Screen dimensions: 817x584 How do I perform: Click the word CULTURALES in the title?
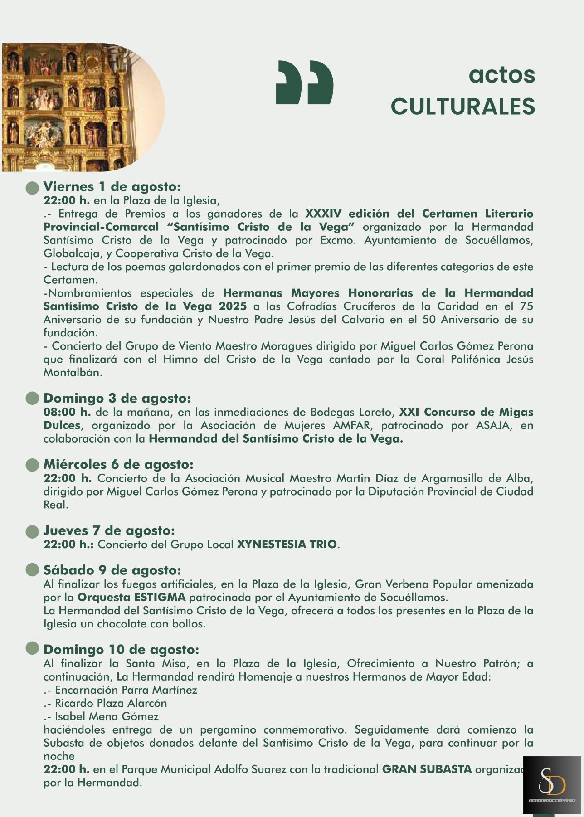click(462, 107)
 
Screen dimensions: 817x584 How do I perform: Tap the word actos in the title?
click(501, 75)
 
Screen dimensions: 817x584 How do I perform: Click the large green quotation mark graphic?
click(305, 82)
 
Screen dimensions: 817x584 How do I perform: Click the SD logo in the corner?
click(552, 784)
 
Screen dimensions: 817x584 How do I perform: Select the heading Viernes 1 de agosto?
click(112, 187)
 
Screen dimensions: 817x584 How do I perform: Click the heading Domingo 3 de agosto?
click(117, 399)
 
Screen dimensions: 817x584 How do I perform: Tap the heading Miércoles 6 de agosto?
click(118, 465)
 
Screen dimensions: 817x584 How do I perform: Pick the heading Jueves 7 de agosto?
click(109, 530)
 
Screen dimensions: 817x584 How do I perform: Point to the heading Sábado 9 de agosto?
click(112, 570)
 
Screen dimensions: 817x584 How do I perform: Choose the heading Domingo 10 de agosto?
click(121, 650)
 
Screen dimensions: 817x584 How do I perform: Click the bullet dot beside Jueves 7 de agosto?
click(32, 531)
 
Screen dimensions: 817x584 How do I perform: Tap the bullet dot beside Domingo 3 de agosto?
click(32, 399)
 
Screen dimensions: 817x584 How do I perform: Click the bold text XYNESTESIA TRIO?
click(287, 544)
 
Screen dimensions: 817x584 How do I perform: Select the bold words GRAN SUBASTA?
click(427, 769)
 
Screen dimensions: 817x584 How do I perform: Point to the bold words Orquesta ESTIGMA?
click(131, 597)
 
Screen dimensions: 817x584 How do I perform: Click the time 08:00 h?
click(67, 412)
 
